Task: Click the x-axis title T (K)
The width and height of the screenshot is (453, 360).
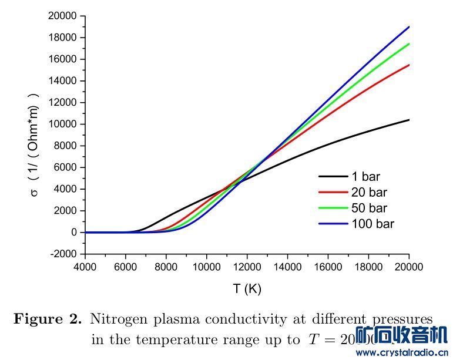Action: click(247, 288)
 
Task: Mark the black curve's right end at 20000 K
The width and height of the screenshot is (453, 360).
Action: click(408, 120)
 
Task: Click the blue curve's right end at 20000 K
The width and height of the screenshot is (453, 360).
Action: click(408, 26)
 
